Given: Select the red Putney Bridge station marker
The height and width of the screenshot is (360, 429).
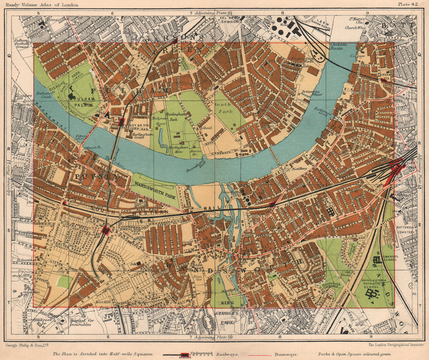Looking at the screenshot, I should click(122, 121).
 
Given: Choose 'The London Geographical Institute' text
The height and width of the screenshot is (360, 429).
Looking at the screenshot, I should click(396, 345).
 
